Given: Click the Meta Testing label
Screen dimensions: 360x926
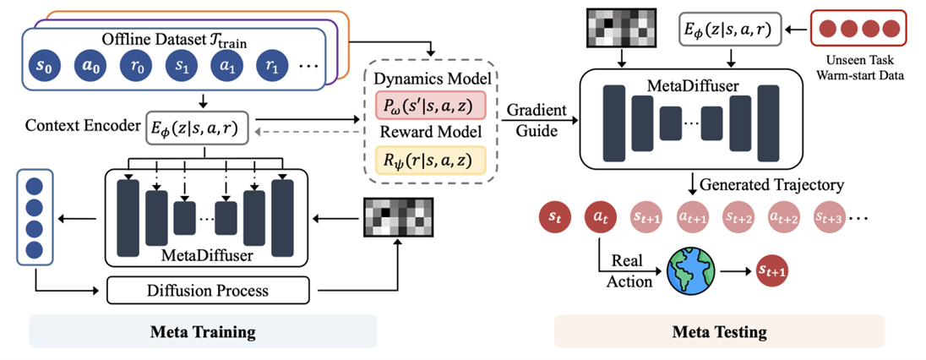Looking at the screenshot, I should [x=718, y=331].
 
